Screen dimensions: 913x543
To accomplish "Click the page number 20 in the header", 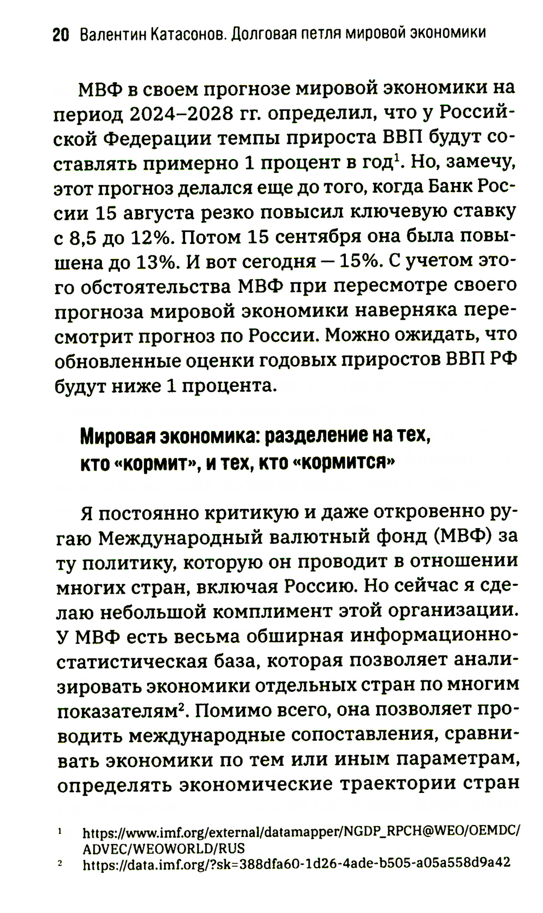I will [60, 35].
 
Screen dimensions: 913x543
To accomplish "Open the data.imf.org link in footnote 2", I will [296, 862].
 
